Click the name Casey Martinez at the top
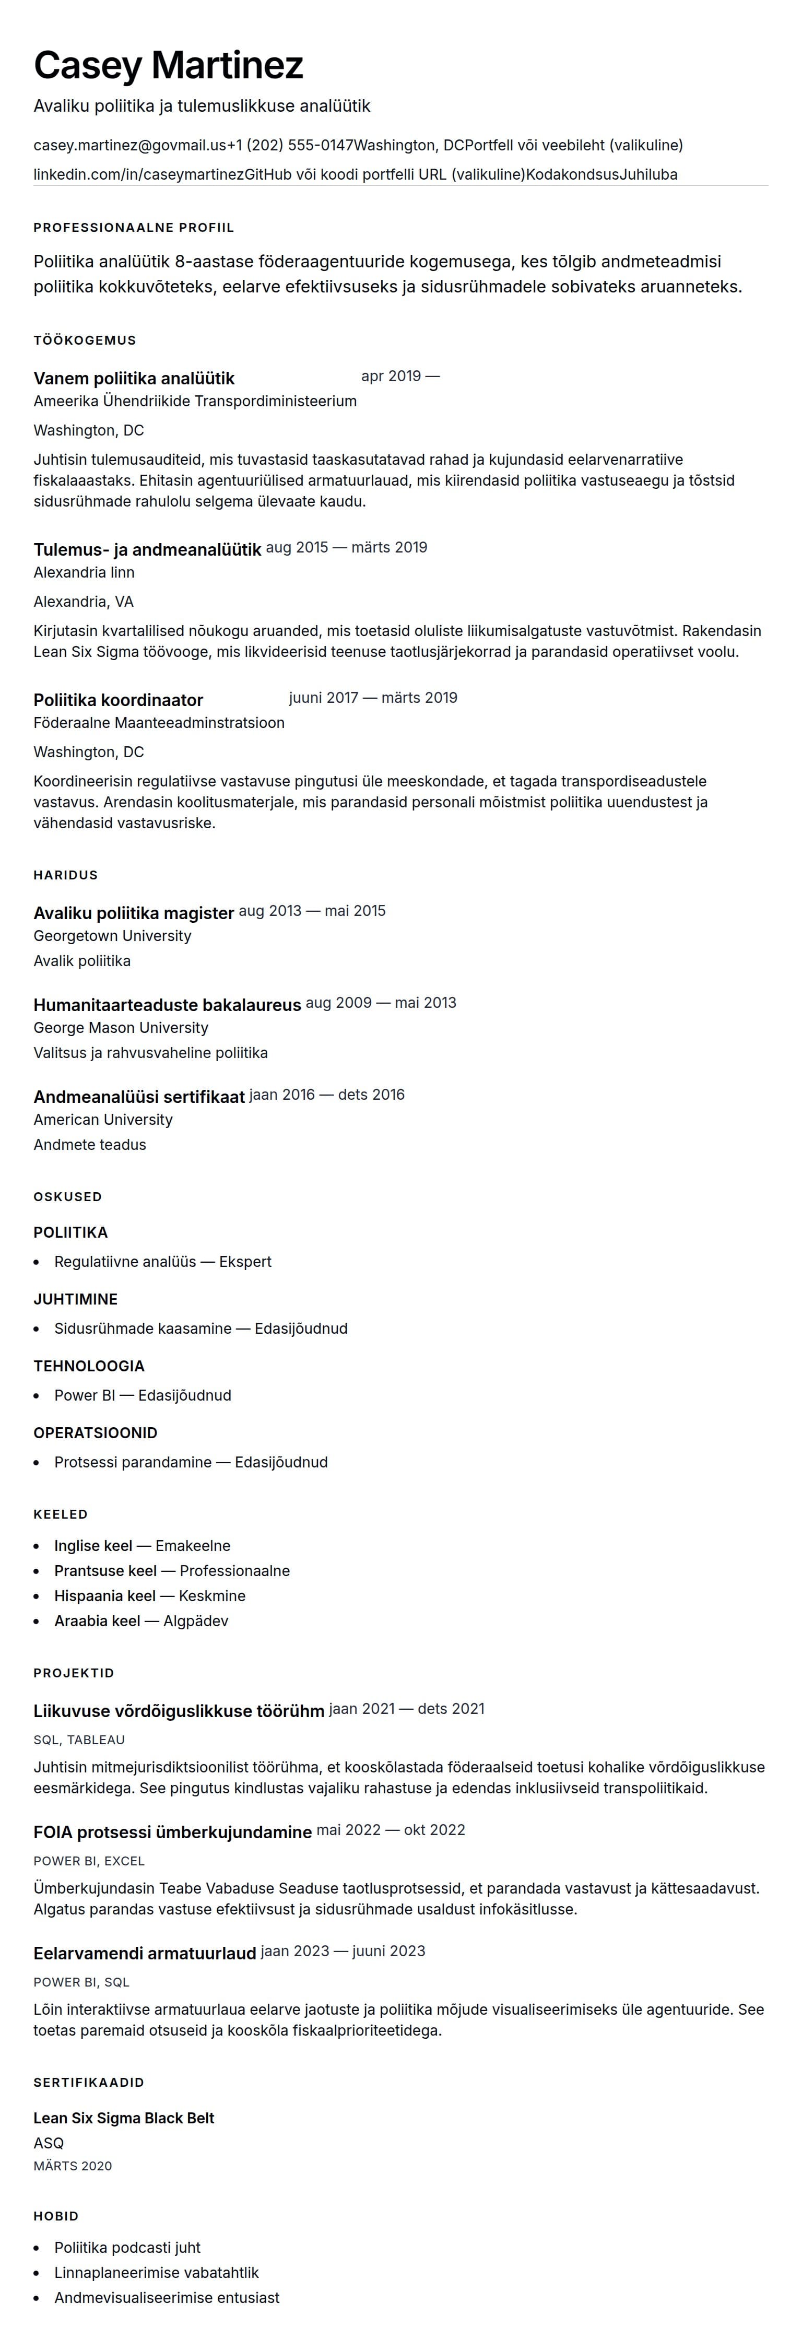tap(168, 66)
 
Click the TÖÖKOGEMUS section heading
tap(85, 340)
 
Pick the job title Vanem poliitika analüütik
tap(134, 379)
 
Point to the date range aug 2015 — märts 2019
tap(347, 547)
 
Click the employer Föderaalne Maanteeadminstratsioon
tap(159, 723)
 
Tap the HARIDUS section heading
tap(66, 875)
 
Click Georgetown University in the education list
tap(112, 936)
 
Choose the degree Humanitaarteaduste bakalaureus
tap(167, 1005)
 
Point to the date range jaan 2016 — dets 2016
tap(327, 1095)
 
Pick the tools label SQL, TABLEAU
tap(79, 1740)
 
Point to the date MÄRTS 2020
tap(73, 2166)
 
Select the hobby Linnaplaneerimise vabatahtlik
tap(156, 2273)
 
